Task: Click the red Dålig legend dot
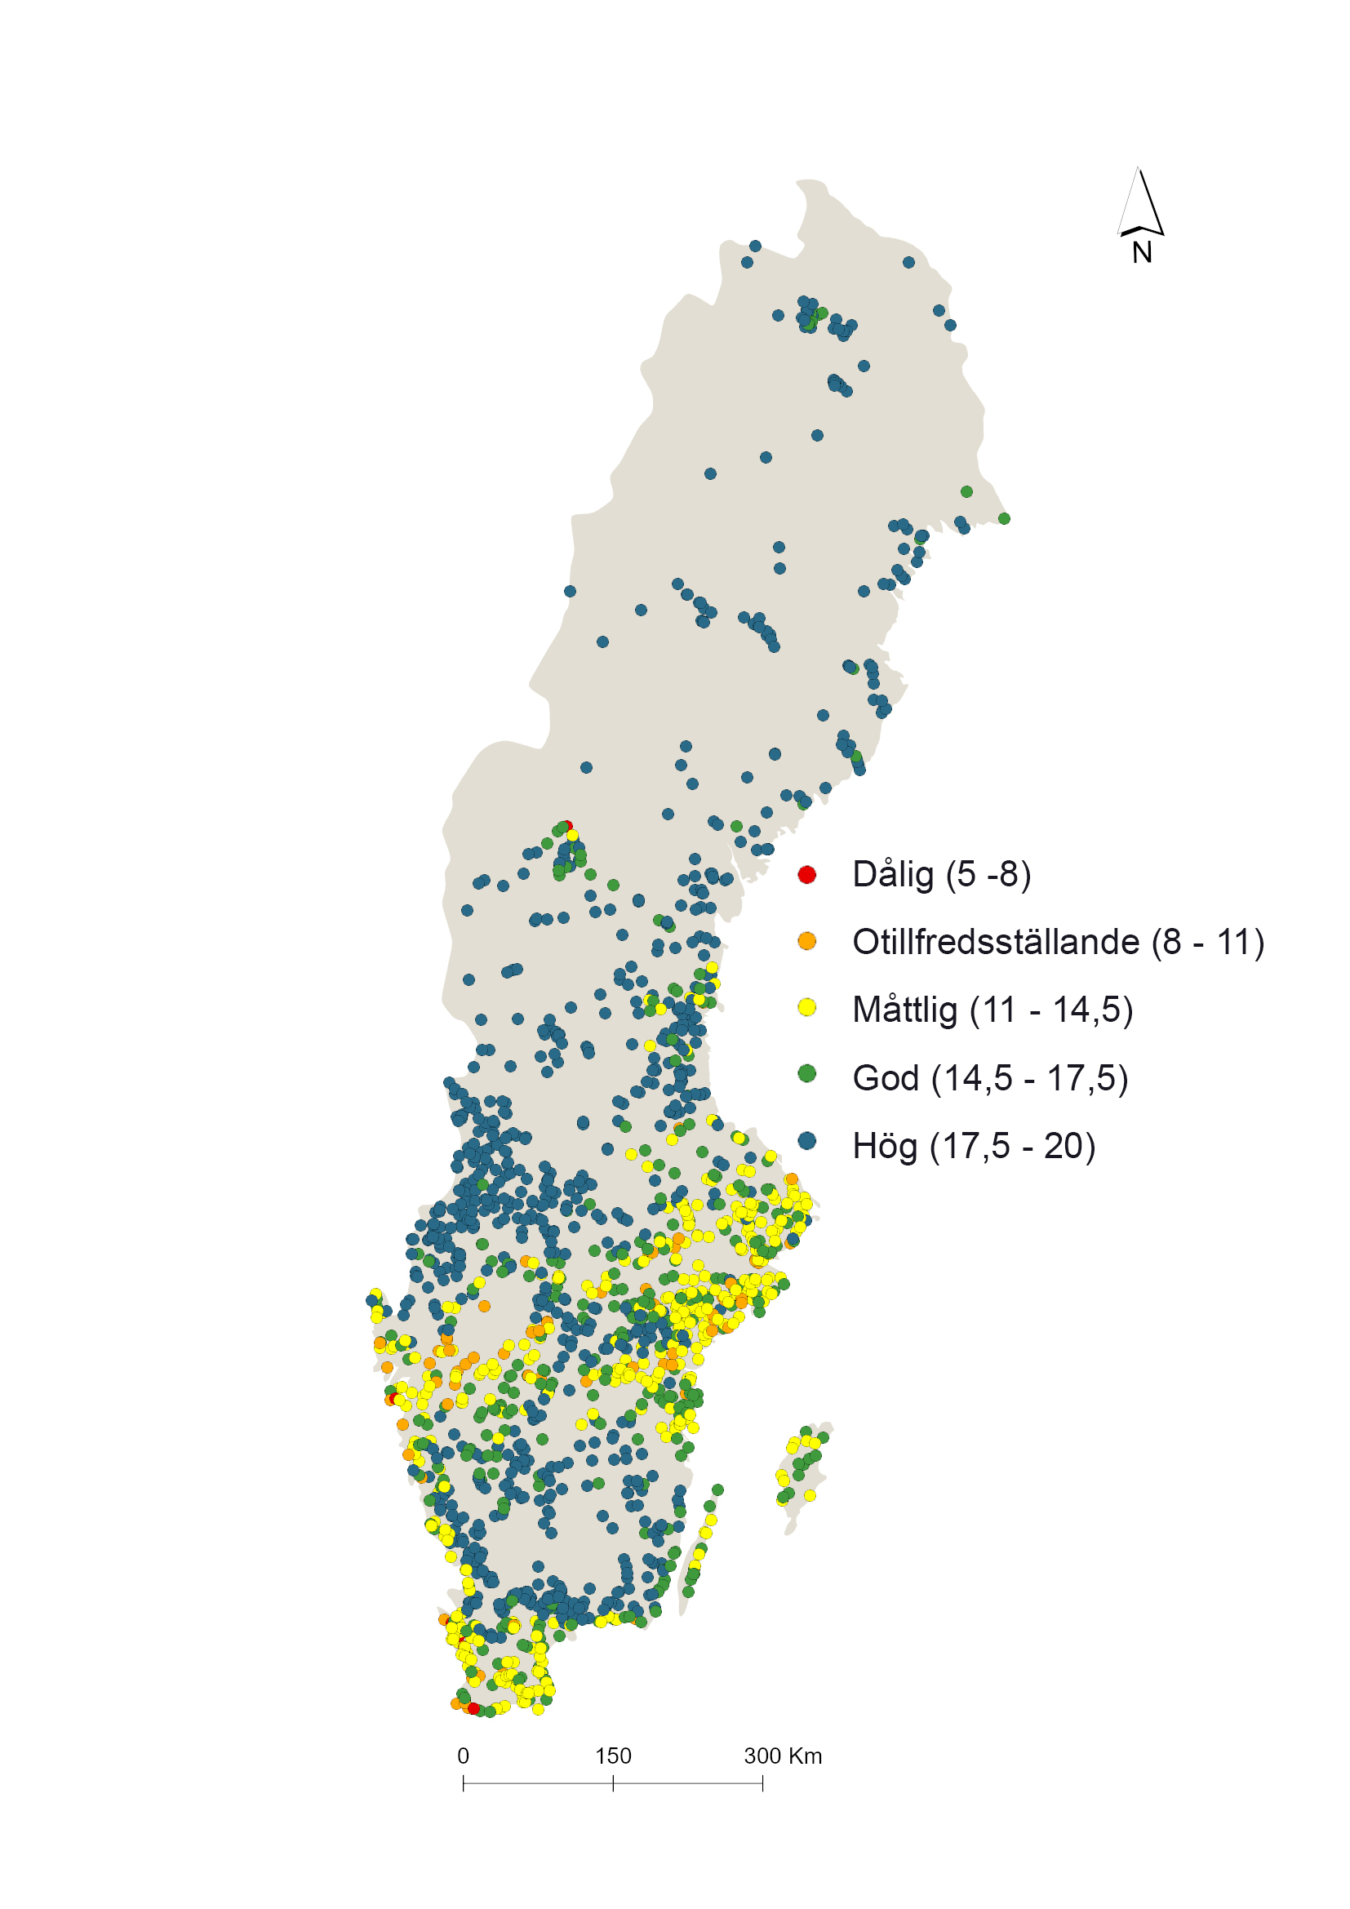pyautogui.click(x=806, y=874)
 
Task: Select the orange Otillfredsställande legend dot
pyautogui.click(x=806, y=941)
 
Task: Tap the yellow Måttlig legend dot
pyautogui.click(x=806, y=1008)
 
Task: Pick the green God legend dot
pyautogui.click(x=806, y=1073)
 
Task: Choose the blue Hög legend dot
pyautogui.click(x=806, y=1141)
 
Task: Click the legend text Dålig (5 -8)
pyautogui.click(x=941, y=875)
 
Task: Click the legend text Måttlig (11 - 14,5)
pyautogui.click(x=992, y=1010)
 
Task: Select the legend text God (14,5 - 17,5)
pyautogui.click(x=989, y=1078)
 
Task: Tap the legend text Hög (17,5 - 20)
pyautogui.click(x=974, y=1146)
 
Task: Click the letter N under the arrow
pyautogui.click(x=1142, y=253)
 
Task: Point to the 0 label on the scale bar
pyautogui.click(x=463, y=1756)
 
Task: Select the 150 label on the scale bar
pyautogui.click(x=613, y=1756)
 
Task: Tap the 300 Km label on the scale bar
pyautogui.click(x=782, y=1756)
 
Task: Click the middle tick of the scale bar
pyautogui.click(x=613, y=1782)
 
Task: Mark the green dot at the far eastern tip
pyautogui.click(x=1004, y=518)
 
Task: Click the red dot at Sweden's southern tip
pyautogui.click(x=474, y=1707)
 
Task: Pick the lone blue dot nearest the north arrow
pyautogui.click(x=908, y=262)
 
